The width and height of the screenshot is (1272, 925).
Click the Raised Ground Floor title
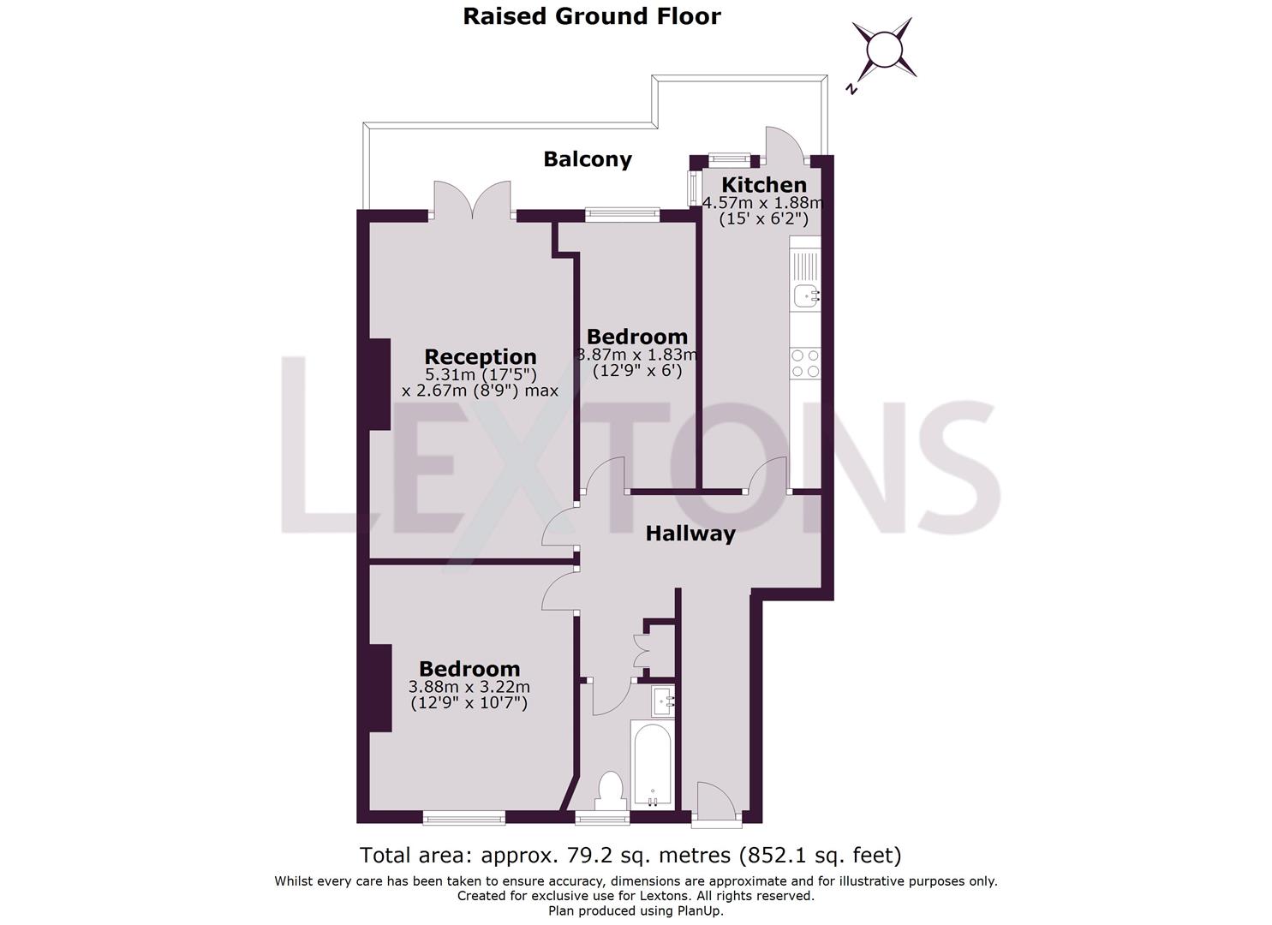coord(592,16)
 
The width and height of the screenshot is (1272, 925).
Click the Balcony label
coord(588,159)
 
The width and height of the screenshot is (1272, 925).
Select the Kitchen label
coord(763,185)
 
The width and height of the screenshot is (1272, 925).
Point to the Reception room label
coord(480,356)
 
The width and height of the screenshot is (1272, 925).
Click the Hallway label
coord(690,534)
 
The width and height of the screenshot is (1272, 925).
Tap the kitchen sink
coord(805,295)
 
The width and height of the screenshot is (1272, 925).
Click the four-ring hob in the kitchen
coord(805,363)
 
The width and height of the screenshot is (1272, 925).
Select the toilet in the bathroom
coord(611,791)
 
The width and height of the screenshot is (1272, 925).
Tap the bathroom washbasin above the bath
coord(662,702)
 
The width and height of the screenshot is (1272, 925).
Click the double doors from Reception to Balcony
coord(473,199)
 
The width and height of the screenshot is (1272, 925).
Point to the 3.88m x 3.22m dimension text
coord(469,687)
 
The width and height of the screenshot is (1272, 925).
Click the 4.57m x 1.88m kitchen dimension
coord(762,203)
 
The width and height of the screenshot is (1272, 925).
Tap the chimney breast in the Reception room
coord(379,384)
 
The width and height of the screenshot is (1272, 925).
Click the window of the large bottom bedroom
coord(463,819)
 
